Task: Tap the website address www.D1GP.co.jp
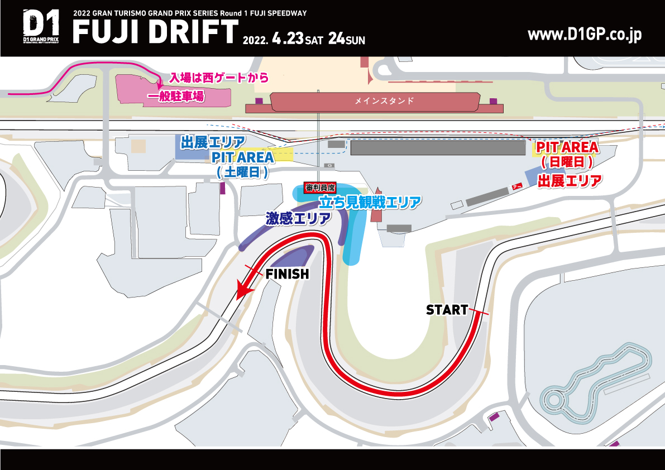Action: (585, 35)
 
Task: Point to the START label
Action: (447, 310)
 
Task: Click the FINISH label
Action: (286, 274)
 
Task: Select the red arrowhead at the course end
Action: (242, 290)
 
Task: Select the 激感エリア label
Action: (298, 218)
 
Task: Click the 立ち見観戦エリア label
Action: (369, 202)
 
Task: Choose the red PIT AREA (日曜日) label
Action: (567, 155)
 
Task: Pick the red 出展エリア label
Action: (570, 180)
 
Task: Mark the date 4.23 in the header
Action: (287, 39)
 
